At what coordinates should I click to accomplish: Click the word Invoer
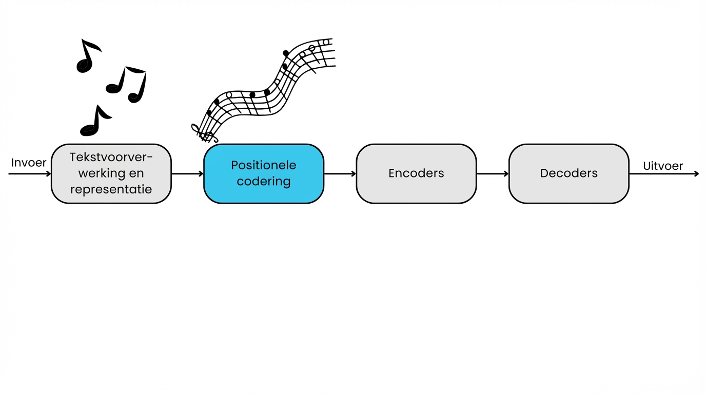point(29,163)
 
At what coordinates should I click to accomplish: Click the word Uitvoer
point(663,166)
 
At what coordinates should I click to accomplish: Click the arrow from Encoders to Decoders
point(493,174)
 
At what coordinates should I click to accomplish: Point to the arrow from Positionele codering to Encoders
point(340,174)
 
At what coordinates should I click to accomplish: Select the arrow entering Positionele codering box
point(188,174)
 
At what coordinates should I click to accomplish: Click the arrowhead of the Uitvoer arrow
point(696,174)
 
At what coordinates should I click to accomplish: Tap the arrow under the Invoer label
point(30,174)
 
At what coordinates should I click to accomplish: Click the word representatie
point(111,189)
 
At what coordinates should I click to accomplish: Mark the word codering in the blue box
point(264,182)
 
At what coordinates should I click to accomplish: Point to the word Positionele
point(264,165)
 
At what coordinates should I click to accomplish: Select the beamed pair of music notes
point(127,84)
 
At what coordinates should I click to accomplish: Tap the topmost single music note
point(88,56)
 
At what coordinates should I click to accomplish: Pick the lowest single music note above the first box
point(95,122)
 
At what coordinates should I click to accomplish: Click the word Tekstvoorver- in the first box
point(111,157)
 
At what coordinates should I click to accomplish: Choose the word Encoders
point(416,173)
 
